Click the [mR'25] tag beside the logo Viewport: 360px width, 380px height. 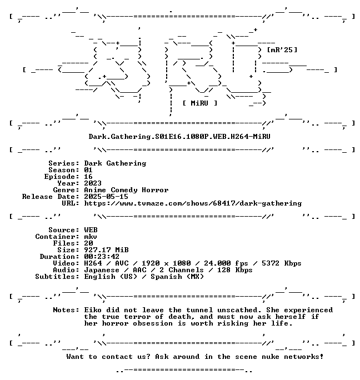[x=282, y=50]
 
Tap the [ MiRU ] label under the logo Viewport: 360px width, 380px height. [x=200, y=103]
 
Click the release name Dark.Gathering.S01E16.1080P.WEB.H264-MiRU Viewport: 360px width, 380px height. [x=179, y=137]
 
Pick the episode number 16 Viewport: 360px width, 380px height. [x=88, y=177]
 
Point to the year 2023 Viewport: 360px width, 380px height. [x=93, y=183]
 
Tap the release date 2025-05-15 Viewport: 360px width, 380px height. [x=106, y=197]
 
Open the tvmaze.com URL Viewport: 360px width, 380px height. [x=193, y=203]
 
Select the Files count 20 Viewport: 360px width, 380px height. [x=88, y=243]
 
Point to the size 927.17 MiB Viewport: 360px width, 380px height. [x=106, y=250]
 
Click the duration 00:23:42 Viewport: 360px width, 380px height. [x=102, y=257]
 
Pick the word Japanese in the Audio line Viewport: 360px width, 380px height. [x=102, y=270]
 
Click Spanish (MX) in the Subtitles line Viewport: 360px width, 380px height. [x=177, y=277]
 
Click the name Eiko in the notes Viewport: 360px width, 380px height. [x=93, y=310]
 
